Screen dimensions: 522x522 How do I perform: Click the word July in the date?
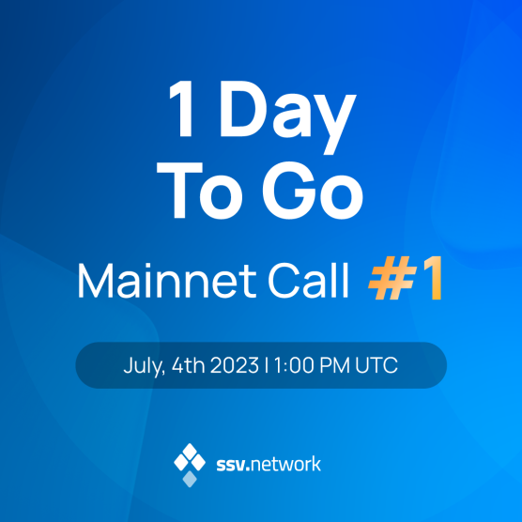143,365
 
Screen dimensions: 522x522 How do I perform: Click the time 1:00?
290,365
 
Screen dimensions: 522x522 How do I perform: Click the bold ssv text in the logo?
230,464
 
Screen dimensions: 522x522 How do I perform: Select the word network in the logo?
287,464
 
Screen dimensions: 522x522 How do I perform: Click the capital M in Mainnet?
92,282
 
